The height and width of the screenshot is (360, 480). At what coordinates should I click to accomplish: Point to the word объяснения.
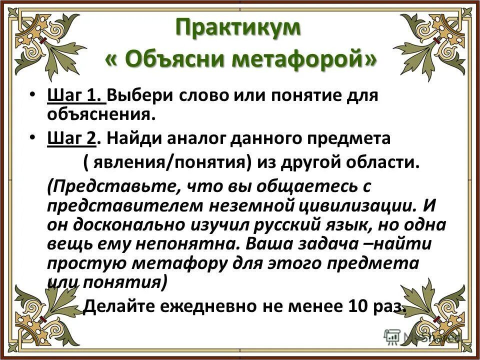[x=98, y=114]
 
